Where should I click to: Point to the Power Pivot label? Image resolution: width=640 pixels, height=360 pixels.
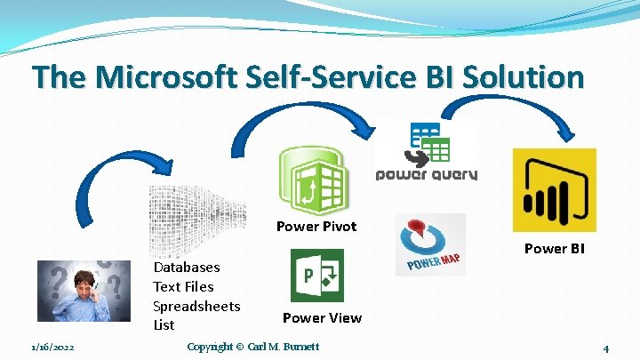[x=316, y=226]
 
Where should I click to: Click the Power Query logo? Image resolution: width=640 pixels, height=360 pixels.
[x=427, y=151]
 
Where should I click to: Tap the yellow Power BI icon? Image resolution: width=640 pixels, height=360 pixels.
[x=555, y=190]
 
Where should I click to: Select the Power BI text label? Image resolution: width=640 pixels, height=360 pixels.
[x=555, y=248]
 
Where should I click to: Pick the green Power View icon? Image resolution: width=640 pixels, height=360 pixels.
[x=317, y=276]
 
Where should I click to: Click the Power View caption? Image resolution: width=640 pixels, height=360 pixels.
[x=322, y=317]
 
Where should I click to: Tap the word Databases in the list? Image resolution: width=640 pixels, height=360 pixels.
[x=187, y=267]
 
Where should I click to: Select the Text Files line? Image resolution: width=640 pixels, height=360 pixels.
[x=183, y=286]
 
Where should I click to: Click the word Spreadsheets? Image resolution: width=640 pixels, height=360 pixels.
[x=196, y=306]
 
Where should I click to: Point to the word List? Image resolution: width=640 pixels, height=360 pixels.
[x=164, y=324]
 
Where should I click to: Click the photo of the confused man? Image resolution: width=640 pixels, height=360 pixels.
[x=84, y=290]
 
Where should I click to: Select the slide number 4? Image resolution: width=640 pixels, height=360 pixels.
[x=604, y=348]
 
